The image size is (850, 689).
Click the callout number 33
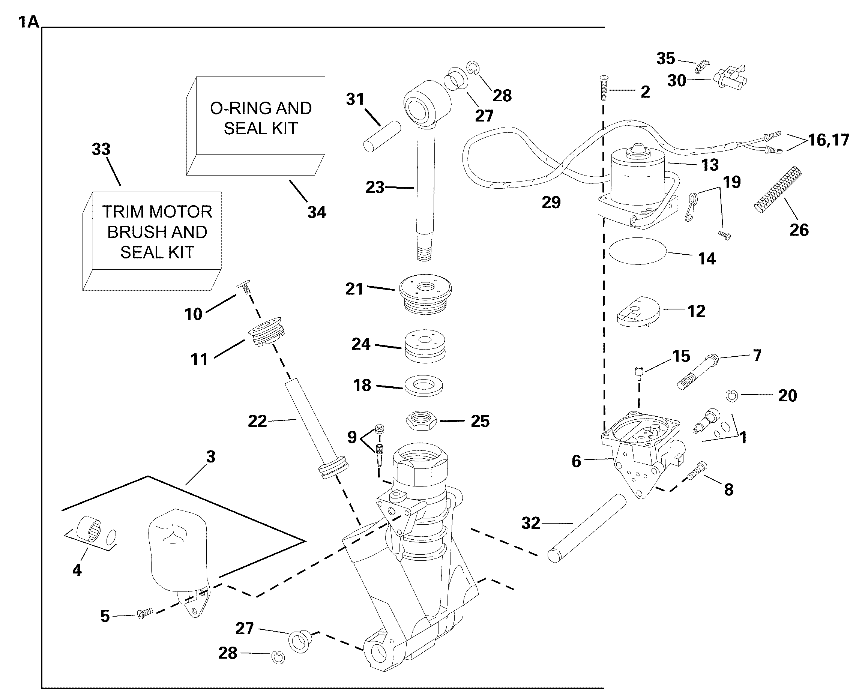(x=101, y=150)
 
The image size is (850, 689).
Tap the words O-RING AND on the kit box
(x=260, y=108)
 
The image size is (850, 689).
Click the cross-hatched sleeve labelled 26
(x=777, y=189)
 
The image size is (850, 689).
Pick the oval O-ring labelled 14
(x=637, y=251)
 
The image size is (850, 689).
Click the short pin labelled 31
(x=382, y=136)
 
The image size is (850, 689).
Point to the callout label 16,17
(x=828, y=140)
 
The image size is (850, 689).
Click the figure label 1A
(x=29, y=22)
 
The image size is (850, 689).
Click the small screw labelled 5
(x=145, y=614)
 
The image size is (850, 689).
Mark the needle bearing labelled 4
(x=90, y=528)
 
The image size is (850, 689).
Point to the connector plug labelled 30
(x=730, y=76)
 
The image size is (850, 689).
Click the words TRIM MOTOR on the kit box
(x=157, y=212)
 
